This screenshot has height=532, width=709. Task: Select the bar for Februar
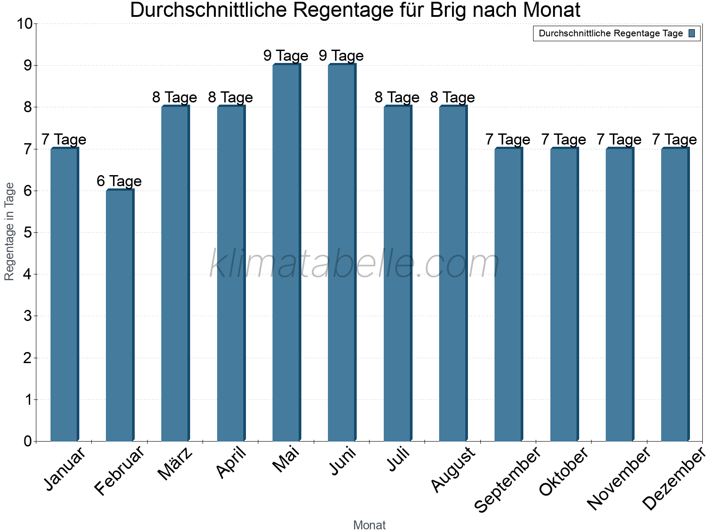(120, 316)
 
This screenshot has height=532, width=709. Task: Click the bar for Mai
(286, 253)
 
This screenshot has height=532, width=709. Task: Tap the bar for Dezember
(675, 295)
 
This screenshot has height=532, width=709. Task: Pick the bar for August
(453, 274)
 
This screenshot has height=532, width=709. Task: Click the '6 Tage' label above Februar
(119, 181)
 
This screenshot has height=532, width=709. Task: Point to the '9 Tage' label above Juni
(341, 55)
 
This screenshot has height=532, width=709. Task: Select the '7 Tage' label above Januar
(64, 139)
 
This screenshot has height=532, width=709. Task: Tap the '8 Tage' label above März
(175, 97)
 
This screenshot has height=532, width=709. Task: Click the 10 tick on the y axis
(25, 24)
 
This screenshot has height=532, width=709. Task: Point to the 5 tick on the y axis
(28, 233)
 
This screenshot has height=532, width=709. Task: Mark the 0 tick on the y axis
(28, 441)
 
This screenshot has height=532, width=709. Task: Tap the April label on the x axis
(231, 463)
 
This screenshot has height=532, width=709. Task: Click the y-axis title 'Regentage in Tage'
(9, 231)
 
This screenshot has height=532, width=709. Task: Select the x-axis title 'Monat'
(369, 525)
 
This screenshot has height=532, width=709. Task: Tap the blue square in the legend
(692, 33)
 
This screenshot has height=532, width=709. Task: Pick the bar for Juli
(397, 274)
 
